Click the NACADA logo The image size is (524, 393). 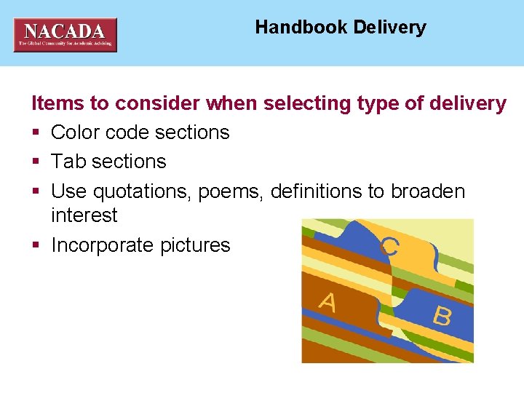coord(65,34)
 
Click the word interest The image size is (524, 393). coord(84,215)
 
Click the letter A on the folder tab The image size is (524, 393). coord(327,301)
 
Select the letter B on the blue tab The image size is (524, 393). coord(441,316)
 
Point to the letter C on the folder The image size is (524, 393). coord(389,246)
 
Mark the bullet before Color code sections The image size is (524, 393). coord(35,133)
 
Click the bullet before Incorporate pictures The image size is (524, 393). coord(35,246)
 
